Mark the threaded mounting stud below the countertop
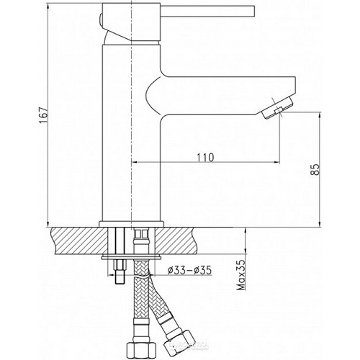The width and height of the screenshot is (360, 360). (x=117, y=270)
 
